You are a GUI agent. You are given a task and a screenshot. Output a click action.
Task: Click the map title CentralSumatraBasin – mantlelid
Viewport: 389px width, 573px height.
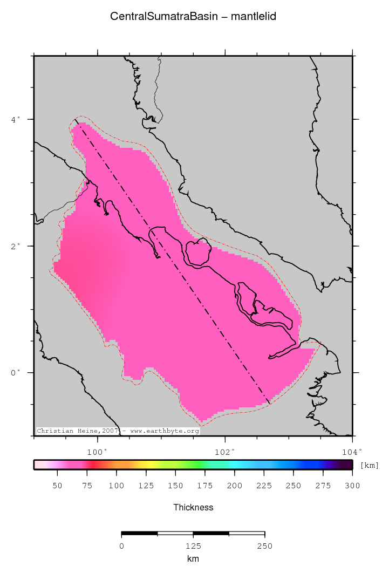pos(193,17)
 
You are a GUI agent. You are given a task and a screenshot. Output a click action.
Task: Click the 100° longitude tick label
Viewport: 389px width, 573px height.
pos(97,452)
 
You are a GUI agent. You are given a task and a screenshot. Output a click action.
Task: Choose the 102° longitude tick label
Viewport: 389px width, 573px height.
pos(224,452)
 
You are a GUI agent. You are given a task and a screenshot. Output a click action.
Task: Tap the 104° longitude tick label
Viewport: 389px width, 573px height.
pos(352,452)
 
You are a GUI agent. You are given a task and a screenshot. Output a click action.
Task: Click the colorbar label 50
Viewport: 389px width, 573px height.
pos(57,486)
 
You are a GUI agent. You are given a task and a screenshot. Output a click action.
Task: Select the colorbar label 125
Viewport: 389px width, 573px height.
pos(146,486)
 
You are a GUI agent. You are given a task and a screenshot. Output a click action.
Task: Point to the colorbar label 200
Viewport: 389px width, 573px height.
pos(234,486)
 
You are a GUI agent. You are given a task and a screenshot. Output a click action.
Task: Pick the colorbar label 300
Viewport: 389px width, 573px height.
pos(352,486)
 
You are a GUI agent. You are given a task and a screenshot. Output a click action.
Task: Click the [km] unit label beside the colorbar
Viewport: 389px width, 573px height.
pos(369,465)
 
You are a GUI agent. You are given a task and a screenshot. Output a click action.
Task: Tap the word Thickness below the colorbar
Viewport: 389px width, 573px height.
pos(193,507)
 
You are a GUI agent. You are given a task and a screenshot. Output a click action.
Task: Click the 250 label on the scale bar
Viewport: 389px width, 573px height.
pos(264,546)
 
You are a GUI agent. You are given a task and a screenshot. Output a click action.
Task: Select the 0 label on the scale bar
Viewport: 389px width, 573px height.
pos(121,546)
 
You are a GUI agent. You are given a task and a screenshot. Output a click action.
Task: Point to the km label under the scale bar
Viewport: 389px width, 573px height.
pos(193,559)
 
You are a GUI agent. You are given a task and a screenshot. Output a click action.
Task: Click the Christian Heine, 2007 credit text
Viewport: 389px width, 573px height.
pos(77,431)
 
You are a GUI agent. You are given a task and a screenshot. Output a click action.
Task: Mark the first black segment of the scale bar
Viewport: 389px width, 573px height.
pos(139,533)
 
